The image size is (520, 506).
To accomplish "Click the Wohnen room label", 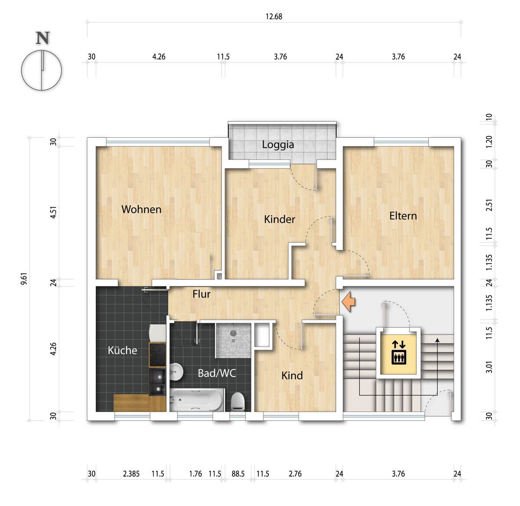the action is point(141,209).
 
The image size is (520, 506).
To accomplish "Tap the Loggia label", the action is point(278,145).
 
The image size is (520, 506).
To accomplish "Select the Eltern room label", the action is point(403,216).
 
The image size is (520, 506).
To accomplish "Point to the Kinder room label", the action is point(279,219).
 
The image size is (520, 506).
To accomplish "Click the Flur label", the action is point(201,294).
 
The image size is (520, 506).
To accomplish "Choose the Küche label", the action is point(122,350).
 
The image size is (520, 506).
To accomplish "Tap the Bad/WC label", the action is point(217,373).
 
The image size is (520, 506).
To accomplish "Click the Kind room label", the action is point(292,376).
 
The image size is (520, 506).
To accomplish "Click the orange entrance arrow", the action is point(348,302).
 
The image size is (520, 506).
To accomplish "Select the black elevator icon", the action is point(399,352).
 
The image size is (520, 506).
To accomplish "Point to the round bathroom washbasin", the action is point(176,371).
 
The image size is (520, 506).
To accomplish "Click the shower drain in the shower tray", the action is point(233,333).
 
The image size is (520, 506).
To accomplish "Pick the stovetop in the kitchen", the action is point(157,355).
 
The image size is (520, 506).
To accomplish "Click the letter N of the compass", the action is point(43,38).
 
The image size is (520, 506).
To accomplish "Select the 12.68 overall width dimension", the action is point(274,16).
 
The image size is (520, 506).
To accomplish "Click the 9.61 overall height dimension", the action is point(24,279).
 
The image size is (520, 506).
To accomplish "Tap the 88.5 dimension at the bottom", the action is point(238,474).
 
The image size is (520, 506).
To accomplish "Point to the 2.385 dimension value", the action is point(131,474).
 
